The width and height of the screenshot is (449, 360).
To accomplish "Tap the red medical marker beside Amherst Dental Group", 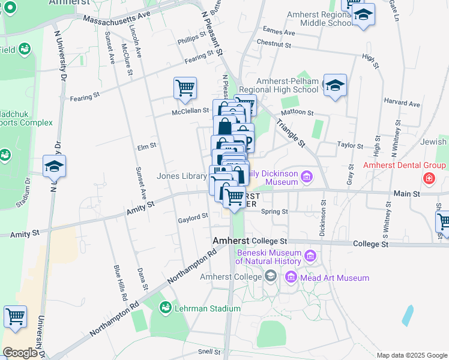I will pyautogui.click(x=429, y=178).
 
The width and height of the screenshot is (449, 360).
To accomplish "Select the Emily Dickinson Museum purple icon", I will pyautogui.click(x=307, y=176).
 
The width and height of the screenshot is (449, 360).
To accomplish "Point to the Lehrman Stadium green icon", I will pyautogui.click(x=164, y=308).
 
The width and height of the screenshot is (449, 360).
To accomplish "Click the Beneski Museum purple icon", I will pyautogui.click(x=310, y=256).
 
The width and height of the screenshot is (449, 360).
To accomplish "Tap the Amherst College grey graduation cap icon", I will pyautogui.click(x=271, y=277).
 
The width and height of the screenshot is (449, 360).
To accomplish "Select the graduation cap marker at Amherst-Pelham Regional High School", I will pyautogui.click(x=335, y=86).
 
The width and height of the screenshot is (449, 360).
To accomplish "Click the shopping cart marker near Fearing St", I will pyautogui.click(x=185, y=88).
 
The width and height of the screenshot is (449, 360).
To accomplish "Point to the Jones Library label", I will pyautogui.click(x=181, y=176).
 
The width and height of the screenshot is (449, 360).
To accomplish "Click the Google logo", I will pyautogui.click(x=20, y=353).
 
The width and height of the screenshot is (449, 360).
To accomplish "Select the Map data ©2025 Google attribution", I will pyautogui.click(x=411, y=355).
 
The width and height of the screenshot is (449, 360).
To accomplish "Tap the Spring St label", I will pyautogui.click(x=276, y=211).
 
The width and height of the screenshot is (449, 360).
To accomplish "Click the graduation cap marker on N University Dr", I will pyautogui.click(x=54, y=167).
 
